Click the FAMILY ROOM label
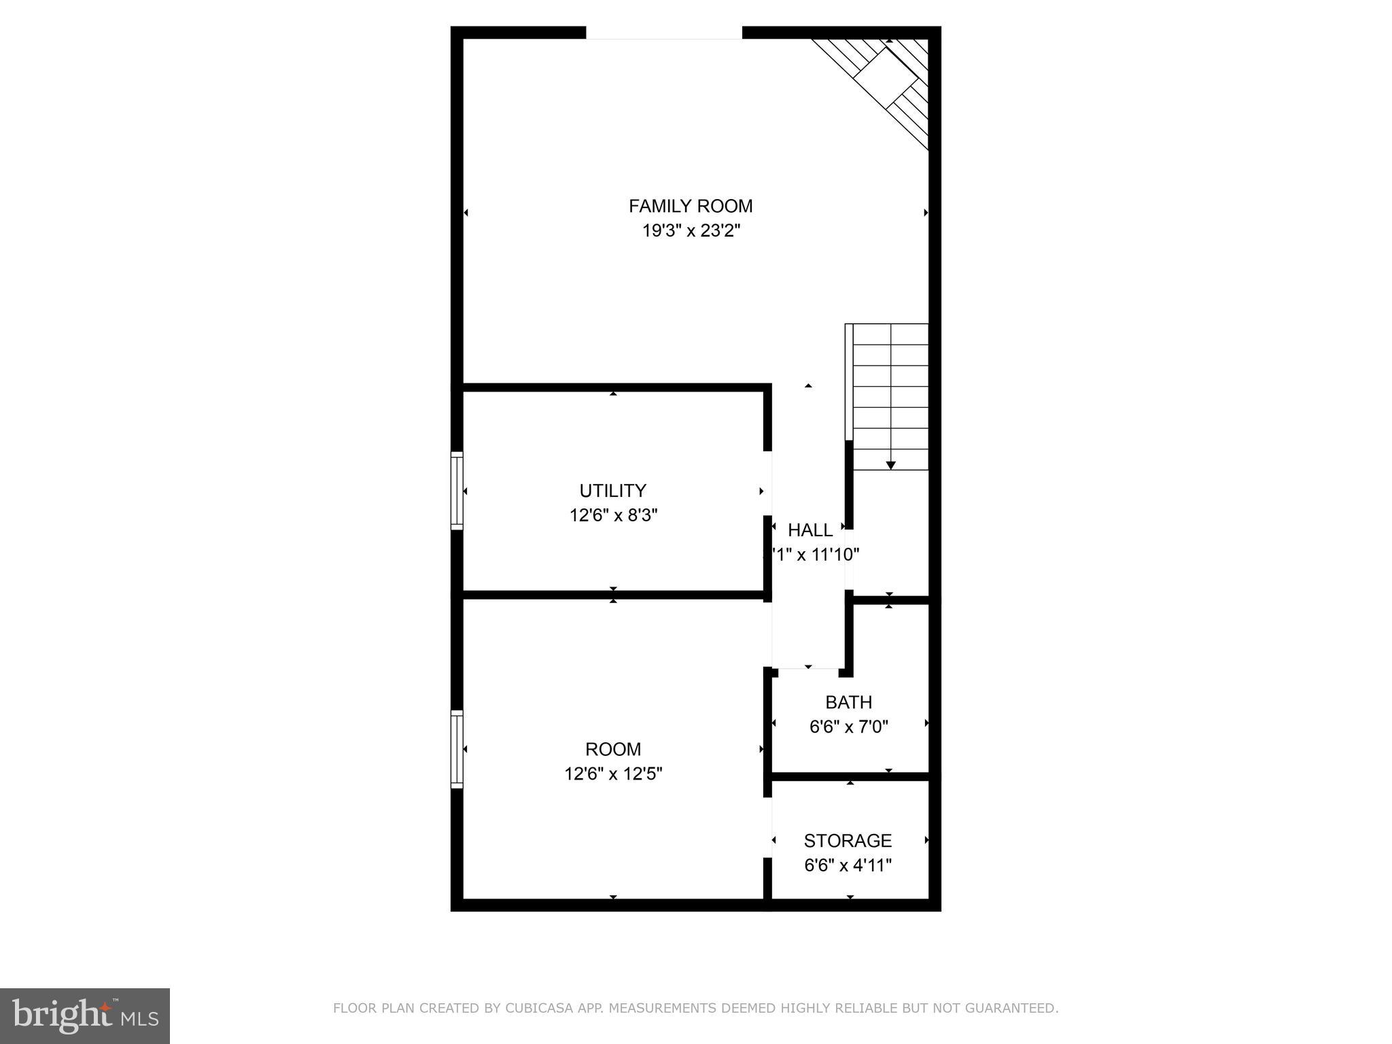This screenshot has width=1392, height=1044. pos(691,206)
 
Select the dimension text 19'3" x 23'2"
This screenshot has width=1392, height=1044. pos(691,231)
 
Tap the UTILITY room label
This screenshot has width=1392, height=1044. pos(612,491)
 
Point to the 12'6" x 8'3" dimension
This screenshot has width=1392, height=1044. pos(613,515)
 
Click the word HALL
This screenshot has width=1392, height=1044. pos(810,530)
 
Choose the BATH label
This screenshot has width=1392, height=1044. pos(848,702)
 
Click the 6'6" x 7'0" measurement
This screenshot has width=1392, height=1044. pos(848,727)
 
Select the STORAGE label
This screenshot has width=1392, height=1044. pos(848,841)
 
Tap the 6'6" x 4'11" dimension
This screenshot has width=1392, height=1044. pos(848,866)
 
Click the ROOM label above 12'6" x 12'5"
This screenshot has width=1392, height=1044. pos(613,749)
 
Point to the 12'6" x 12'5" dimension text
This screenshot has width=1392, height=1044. pos(613,774)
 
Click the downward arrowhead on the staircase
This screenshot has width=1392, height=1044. pos(890,466)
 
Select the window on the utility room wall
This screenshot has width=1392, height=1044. pos(457,491)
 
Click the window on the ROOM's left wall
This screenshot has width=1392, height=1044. pos(457,749)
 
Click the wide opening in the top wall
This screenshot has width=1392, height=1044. pos(663,33)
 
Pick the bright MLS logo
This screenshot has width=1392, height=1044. pos(84,1015)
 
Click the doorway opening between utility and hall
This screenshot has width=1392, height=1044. pos(767,483)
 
